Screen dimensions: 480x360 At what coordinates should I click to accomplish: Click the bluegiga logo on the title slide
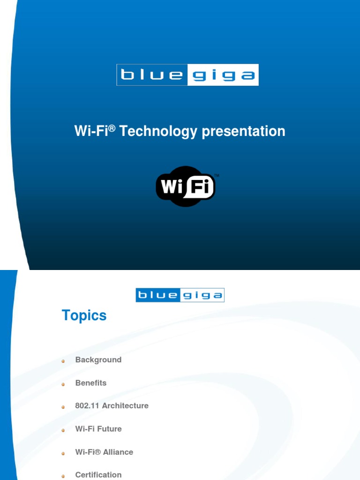[x=187, y=75]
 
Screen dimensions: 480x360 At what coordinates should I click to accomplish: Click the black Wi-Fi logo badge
[x=186, y=187]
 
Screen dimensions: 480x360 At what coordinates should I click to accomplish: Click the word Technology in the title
[x=158, y=131]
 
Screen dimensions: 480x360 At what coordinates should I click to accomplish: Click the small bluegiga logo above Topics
[x=180, y=295]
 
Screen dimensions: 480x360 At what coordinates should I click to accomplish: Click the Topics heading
[x=84, y=315]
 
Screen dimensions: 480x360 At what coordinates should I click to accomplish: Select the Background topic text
[x=98, y=360]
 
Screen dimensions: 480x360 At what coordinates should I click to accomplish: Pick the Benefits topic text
[x=91, y=383]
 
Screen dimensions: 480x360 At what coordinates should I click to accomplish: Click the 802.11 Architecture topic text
[x=112, y=406]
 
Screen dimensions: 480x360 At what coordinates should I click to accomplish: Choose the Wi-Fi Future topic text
[x=98, y=429]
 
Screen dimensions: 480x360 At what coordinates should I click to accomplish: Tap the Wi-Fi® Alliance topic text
[x=104, y=452]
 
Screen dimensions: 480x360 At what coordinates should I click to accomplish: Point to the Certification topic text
[x=98, y=474]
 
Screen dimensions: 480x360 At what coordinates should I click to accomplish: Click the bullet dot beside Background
[x=63, y=361]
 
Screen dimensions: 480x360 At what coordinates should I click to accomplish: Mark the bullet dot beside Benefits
[x=63, y=384]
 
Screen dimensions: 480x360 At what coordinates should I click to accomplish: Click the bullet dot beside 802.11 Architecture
[x=63, y=407]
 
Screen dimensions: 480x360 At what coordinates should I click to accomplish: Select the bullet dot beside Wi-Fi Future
[x=63, y=430]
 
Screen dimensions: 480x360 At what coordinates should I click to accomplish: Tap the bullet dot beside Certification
[x=63, y=476]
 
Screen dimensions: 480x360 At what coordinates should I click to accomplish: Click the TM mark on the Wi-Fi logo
[x=217, y=176]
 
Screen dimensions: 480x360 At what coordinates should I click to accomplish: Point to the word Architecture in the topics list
[x=125, y=406]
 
